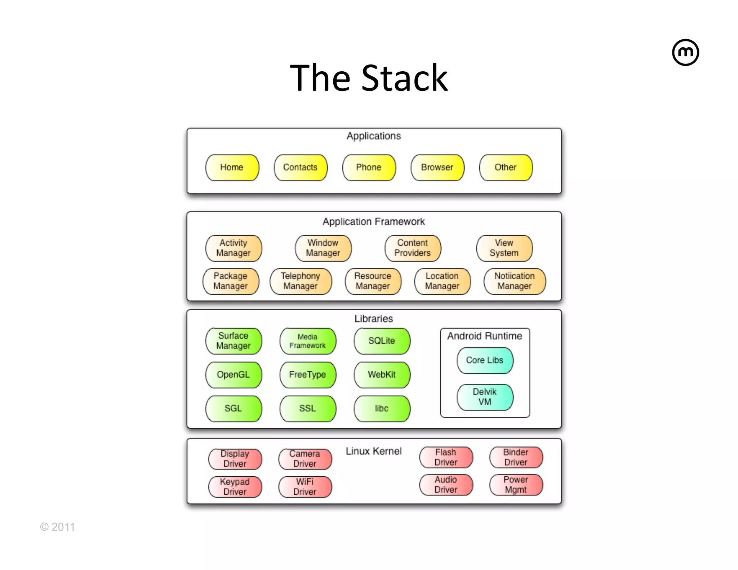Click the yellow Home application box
[232, 168]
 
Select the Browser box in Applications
[437, 168]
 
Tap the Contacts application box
[300, 168]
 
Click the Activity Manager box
[234, 248]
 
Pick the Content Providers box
[413, 248]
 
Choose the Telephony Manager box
[301, 281]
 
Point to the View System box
[504, 248]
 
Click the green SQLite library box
[382, 341]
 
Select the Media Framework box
[307, 341]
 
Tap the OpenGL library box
[233, 375]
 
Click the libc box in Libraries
[382, 409]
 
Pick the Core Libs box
[485, 360]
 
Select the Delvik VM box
[485, 397]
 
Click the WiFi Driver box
[305, 487]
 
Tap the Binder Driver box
[516, 457]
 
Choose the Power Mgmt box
[516, 485]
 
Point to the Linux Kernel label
[374, 451]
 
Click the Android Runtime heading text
[485, 336]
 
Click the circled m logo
[685, 53]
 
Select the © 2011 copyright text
[58, 527]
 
